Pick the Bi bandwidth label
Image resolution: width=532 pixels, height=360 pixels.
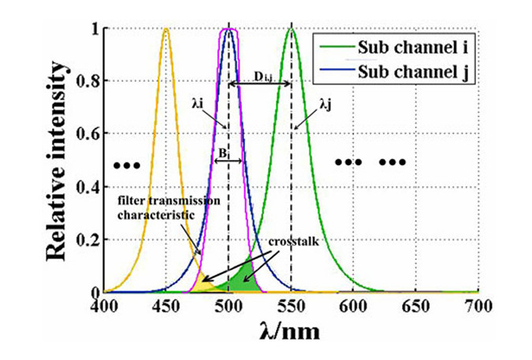pyautogui.click(x=225, y=150)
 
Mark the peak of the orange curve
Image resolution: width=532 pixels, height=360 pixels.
pyautogui.click(x=166, y=30)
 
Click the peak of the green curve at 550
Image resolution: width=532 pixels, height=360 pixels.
pyautogui.click(x=292, y=30)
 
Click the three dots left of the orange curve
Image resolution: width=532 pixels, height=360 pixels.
pyautogui.click(x=126, y=165)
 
